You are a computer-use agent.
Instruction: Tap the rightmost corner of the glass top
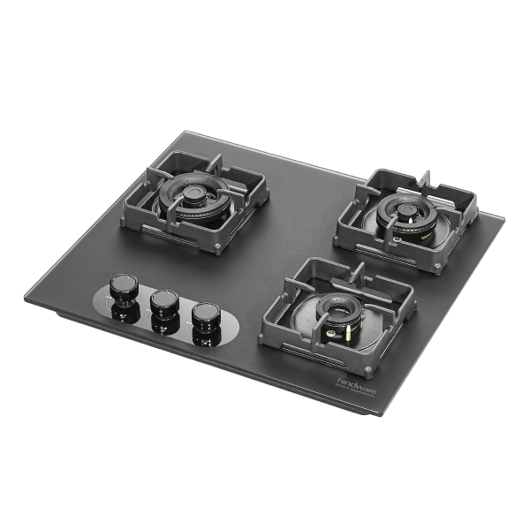[505, 216]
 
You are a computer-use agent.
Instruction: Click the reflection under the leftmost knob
[123, 311]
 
